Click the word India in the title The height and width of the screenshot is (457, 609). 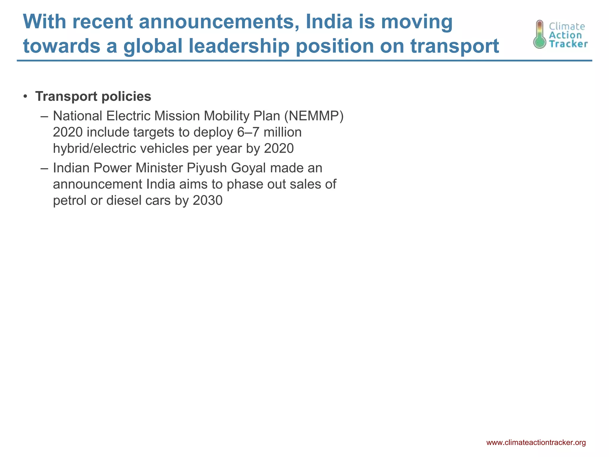click(329, 22)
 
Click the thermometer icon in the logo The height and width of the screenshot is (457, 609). click(539, 34)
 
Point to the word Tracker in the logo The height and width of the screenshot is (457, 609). click(568, 44)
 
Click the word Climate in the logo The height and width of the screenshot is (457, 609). click(567, 26)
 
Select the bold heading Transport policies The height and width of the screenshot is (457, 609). click(93, 96)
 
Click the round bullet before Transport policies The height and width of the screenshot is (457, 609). click(26, 96)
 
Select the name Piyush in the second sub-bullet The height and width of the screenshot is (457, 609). click(206, 168)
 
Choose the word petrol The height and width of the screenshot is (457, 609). click(70, 201)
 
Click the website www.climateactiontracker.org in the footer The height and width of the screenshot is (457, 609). click(536, 442)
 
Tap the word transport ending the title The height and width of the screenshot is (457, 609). click(455, 46)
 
